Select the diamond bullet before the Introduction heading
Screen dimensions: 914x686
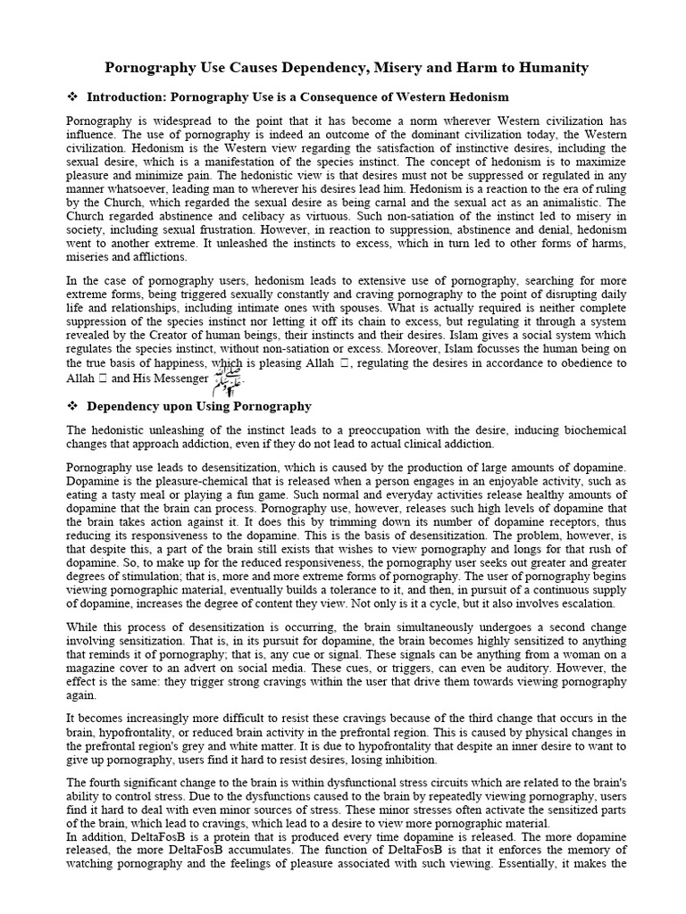[x=73, y=96]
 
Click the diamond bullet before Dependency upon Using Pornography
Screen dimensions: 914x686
[x=73, y=406]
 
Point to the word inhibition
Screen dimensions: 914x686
[x=406, y=760]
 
